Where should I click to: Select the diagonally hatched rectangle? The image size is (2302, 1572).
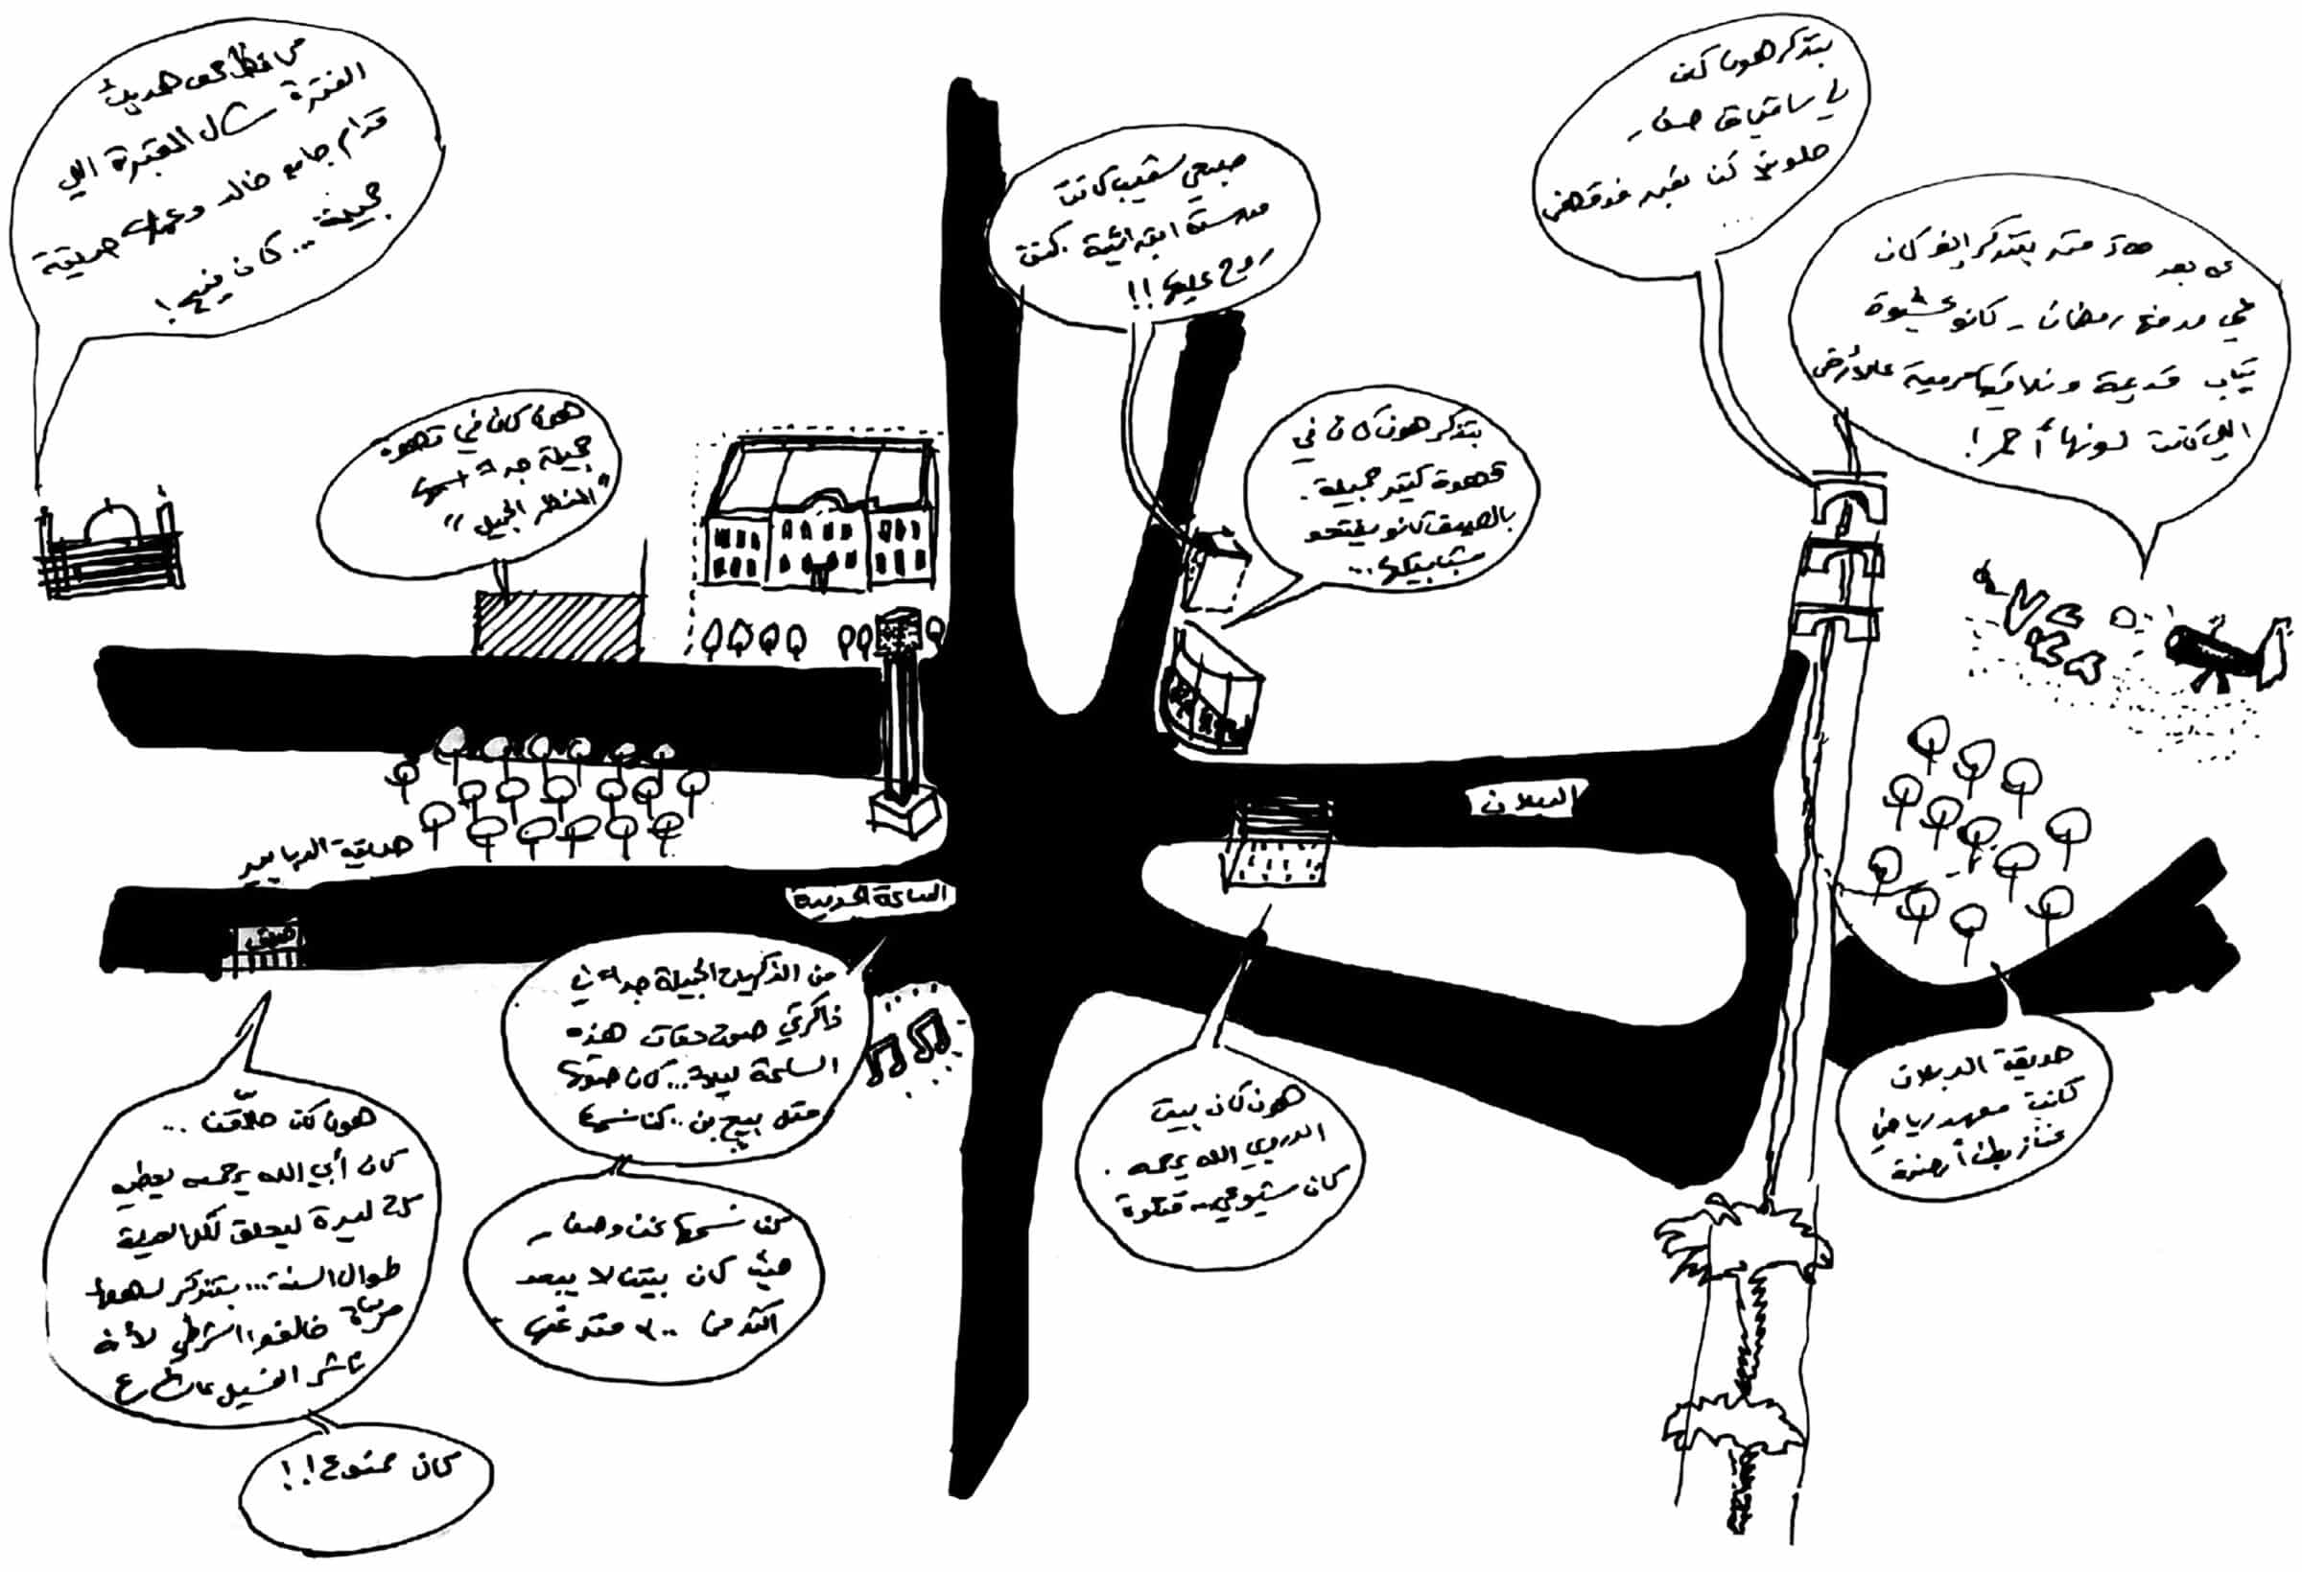(555, 623)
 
